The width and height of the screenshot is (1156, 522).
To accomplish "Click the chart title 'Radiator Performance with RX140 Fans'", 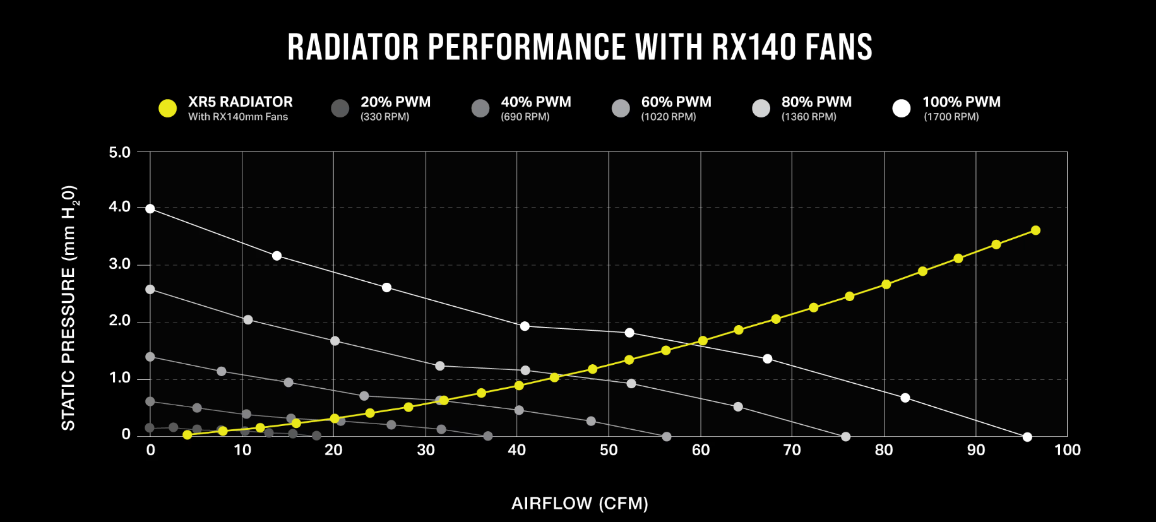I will pos(580,47).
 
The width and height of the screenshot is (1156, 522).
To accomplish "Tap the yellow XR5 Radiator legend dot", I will pos(167,109).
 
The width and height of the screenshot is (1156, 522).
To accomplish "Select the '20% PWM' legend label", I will pos(395,102).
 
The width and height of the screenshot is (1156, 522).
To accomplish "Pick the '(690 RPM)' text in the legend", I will pos(525,117).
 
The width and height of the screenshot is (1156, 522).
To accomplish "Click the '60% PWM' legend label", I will pos(676,102).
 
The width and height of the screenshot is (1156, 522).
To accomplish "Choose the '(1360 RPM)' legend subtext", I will pos(808,117).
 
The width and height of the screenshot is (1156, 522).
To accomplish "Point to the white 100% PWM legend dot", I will pos(902,109).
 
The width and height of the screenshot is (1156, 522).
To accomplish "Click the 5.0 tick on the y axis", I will pos(119,152).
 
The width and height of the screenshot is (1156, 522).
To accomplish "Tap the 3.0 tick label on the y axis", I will pos(119,264).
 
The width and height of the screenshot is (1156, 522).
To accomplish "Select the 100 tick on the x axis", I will pos(1067,450).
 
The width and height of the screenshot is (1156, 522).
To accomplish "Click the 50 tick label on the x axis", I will pos(609,450).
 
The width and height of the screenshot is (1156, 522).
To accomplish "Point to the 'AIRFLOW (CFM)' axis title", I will pos(580,503).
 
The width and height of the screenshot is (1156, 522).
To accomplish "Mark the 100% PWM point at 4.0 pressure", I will pos(150,209).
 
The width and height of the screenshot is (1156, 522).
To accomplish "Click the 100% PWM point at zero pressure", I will pos(1027,437).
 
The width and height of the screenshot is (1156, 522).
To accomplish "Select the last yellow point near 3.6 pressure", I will pos(1035,230).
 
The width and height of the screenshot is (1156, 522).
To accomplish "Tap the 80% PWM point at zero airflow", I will pos(150,290).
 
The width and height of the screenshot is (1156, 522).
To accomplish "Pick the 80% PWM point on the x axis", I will pos(846,437).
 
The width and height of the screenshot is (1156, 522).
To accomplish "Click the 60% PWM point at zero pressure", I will pos(667,437).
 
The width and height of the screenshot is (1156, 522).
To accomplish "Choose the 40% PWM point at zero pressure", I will pos(487,436).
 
